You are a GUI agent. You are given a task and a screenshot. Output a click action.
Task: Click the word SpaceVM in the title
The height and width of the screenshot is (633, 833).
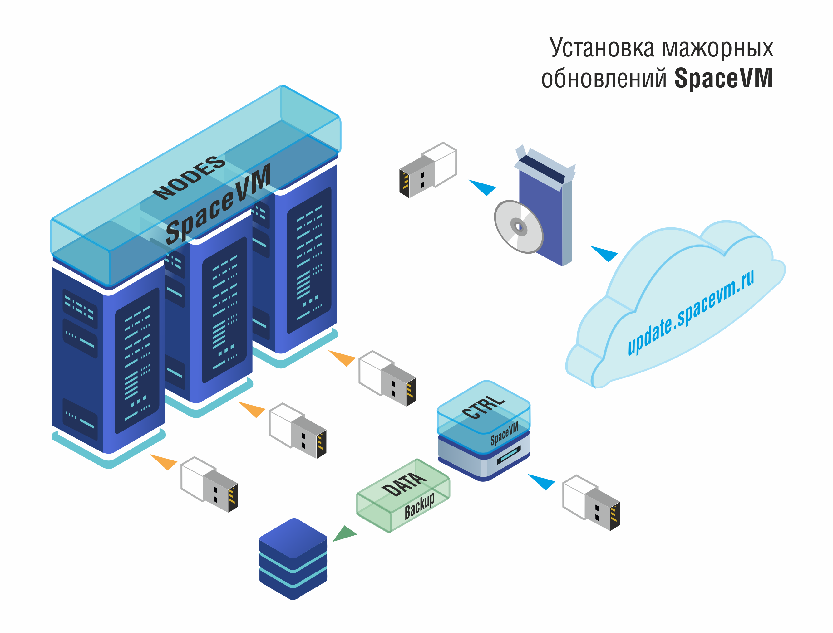[x=723, y=78]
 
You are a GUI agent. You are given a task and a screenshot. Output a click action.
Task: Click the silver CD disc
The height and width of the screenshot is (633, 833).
[x=519, y=226]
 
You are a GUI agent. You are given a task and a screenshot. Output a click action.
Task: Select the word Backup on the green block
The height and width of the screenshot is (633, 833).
[x=419, y=506]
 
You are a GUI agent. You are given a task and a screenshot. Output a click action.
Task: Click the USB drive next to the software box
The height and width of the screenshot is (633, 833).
[x=428, y=170]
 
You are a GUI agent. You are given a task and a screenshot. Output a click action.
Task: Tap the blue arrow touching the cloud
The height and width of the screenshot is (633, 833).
[x=604, y=253]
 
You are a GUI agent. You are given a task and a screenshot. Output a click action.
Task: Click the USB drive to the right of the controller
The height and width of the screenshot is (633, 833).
[x=591, y=503]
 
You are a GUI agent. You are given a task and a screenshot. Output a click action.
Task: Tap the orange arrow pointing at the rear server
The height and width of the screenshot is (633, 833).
[x=343, y=358]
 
